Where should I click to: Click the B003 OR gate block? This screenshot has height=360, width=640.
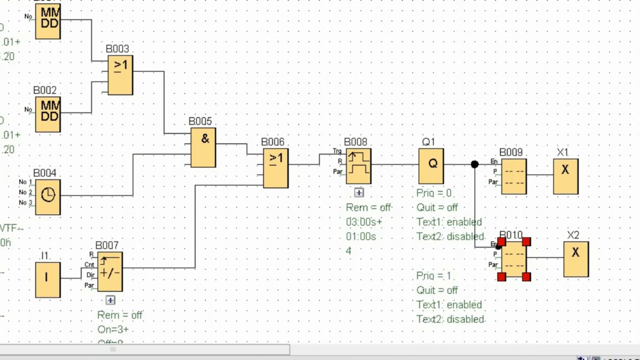coord(120,75)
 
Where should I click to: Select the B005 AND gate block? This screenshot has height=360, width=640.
coord(203,147)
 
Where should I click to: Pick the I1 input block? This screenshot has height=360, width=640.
coord(48,279)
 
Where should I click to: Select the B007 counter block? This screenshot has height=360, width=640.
coord(110,272)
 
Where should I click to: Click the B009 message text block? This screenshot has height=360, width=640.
coord(513,176)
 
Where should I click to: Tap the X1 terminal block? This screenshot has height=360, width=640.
coord(565,176)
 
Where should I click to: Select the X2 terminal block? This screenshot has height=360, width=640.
coord(576,259)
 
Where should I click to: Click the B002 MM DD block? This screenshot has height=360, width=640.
coord(48,114)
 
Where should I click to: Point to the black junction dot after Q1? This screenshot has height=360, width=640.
coord(474,164)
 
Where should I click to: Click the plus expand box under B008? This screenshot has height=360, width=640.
coord(359,192)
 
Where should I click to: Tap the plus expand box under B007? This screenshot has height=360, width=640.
coord(110,300)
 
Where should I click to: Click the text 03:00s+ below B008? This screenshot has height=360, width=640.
coord(364,222)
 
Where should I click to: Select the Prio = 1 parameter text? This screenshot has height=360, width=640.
coord(433,276)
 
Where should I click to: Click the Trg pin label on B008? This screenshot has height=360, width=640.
coord(337,151)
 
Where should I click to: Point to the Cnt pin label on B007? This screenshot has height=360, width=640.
coord(89,264)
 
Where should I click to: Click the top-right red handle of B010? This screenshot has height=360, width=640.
coord(526,242)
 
